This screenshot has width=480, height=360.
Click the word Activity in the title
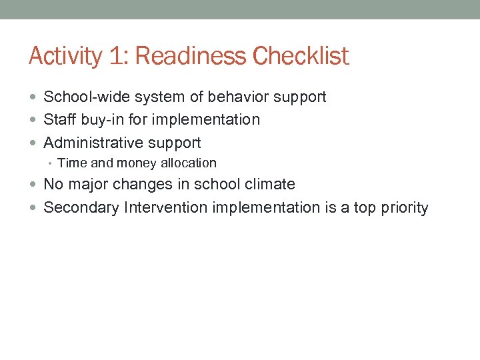pos(65,56)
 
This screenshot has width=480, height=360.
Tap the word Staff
pos(59,119)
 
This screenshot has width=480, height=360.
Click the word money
pos(135,163)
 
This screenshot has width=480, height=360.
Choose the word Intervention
pos(166,207)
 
